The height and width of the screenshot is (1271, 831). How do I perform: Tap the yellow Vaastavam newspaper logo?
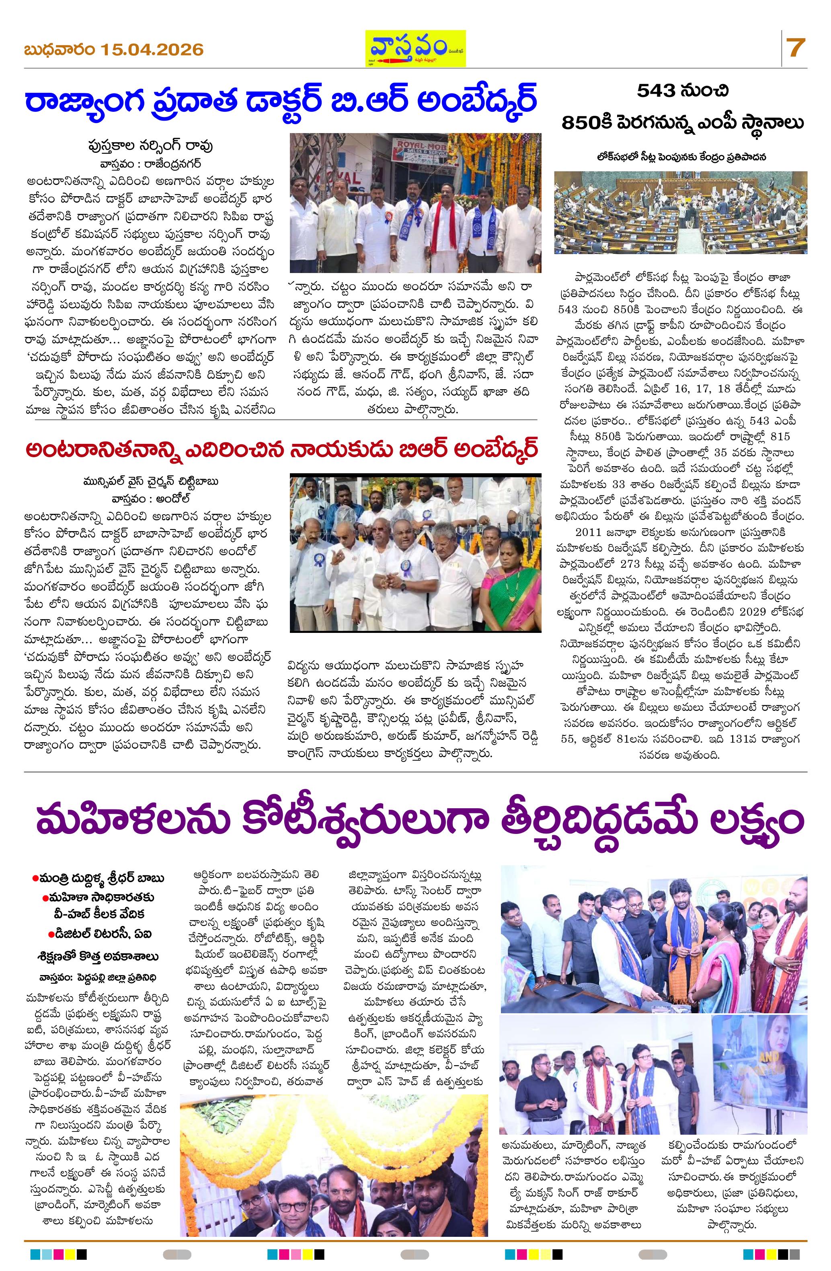[x=415, y=48]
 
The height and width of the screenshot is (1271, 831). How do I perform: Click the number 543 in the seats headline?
[x=658, y=92]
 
